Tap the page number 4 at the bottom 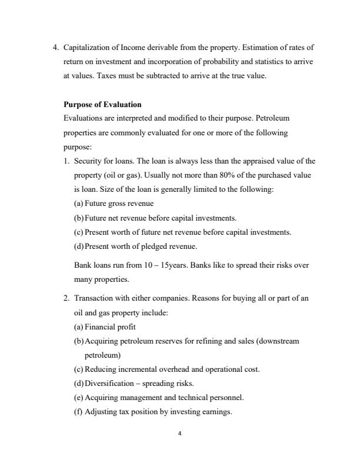tap(180, 434)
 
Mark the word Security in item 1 tap(86, 161)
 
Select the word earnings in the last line tap(218, 412)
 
